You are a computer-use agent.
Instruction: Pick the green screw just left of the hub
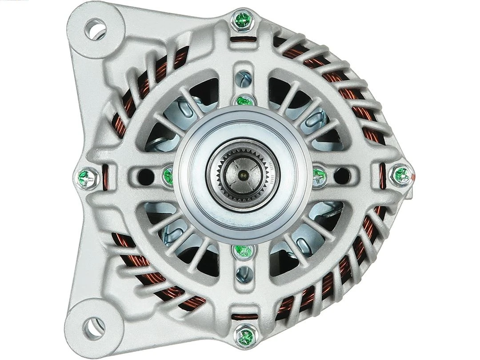[x=168, y=176]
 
